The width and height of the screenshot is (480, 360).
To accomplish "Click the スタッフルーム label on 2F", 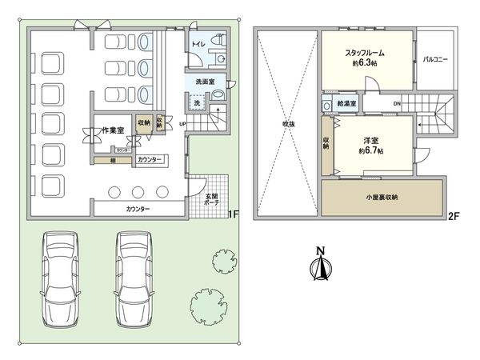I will [368, 54].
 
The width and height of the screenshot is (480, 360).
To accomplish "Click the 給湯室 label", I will [346, 104].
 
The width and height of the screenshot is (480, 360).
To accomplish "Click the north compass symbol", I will [319, 266].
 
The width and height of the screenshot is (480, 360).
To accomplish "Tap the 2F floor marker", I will [453, 214].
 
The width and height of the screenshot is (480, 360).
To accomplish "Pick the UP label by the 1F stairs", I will [182, 124].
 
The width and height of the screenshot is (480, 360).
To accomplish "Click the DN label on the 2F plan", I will [398, 104].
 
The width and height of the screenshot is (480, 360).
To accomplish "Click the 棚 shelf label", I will [112, 160].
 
